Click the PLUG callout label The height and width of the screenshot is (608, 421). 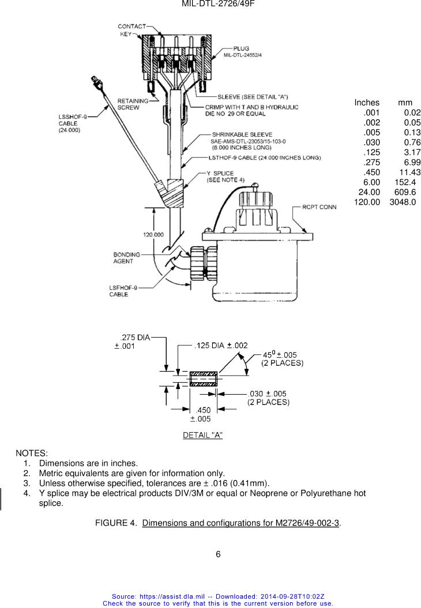click(241, 48)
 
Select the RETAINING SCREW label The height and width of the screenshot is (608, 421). click(133, 104)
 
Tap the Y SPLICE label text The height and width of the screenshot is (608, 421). click(220, 173)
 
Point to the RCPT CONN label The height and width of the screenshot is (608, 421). click(319, 207)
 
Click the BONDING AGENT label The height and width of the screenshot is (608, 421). click(126, 258)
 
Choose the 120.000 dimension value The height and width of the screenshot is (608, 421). click(153, 235)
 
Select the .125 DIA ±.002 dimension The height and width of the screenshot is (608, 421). click(221, 345)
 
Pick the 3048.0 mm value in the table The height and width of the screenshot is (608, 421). click(403, 202)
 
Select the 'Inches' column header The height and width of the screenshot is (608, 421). click(367, 103)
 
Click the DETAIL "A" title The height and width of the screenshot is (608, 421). click(202, 435)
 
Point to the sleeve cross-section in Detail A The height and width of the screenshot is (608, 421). click(204, 379)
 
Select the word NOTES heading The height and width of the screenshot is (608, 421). click(31, 453)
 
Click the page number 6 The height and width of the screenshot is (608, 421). click(218, 554)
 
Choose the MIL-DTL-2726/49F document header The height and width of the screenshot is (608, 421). click(218, 4)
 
